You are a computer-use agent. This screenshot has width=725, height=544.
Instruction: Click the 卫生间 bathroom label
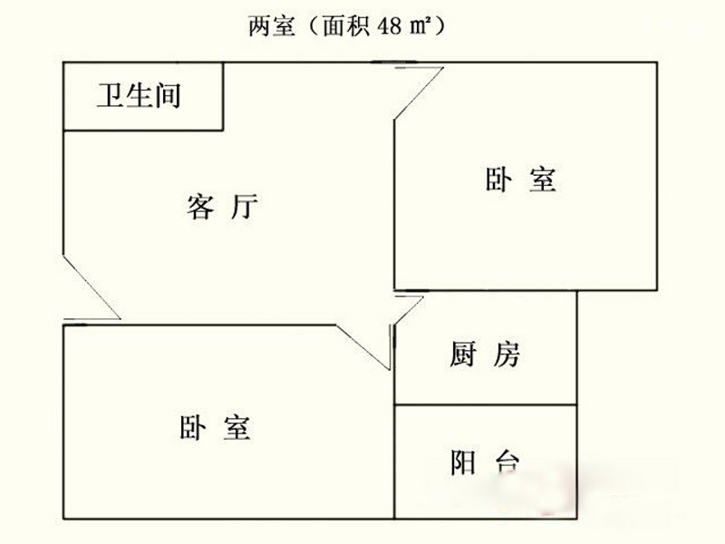[x=139, y=95]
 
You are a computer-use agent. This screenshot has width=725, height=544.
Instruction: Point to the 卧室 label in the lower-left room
[x=215, y=427]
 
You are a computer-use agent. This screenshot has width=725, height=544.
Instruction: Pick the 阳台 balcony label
[x=485, y=462]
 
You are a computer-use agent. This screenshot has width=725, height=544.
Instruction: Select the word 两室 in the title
[x=272, y=26]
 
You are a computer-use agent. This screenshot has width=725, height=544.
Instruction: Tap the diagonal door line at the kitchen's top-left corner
[x=409, y=310]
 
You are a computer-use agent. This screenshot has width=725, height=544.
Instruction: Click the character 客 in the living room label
[x=201, y=208]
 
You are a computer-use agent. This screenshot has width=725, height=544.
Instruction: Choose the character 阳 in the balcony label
[x=463, y=462]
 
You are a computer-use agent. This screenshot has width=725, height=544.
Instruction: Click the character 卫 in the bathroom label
[x=110, y=95]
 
